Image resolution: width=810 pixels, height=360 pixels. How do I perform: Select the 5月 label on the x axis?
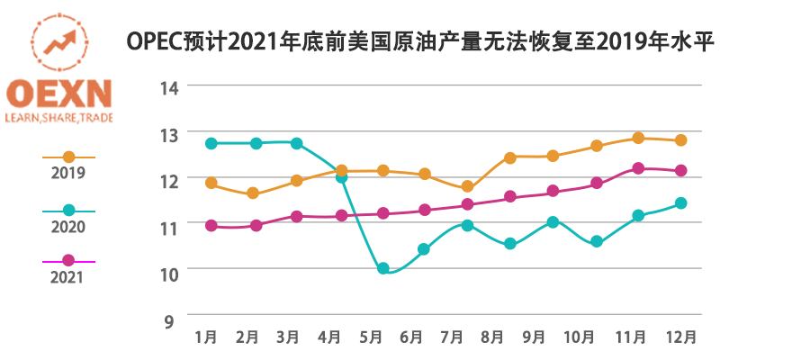coord(372,337)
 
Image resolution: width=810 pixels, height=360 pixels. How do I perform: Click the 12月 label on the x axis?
coord(679,337)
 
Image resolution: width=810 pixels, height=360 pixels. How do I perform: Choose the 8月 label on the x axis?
coord(492,337)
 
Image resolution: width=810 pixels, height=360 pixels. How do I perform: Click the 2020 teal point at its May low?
coord(383,268)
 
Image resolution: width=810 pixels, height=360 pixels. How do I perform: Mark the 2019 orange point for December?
coord(681,139)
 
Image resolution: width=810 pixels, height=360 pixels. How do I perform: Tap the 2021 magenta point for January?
coord(211,226)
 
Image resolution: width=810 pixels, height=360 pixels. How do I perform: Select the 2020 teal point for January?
coord(211,143)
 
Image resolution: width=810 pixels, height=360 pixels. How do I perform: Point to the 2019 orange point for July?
coord(467,186)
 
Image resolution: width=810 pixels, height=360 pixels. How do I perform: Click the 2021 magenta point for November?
coord(639,168)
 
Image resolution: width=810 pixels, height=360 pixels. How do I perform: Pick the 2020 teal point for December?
coord(681,203)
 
